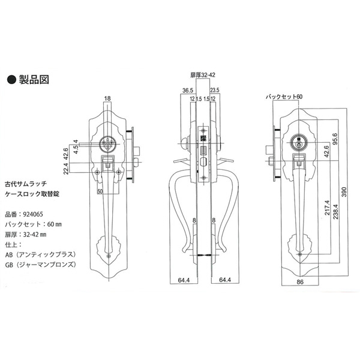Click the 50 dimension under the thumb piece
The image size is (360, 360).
tap(100, 190)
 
